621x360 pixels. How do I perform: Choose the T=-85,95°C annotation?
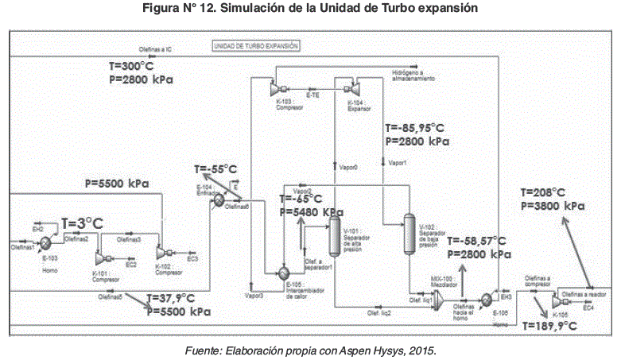click(x=414, y=127)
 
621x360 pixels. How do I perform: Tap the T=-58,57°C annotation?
click(x=476, y=241)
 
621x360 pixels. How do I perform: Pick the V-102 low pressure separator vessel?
click(x=410, y=233)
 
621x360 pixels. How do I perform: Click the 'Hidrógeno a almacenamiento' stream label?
click(x=413, y=77)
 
